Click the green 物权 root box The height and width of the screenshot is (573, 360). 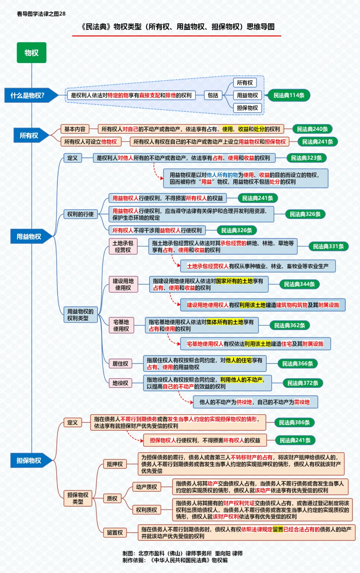31,53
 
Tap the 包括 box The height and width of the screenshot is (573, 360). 213,95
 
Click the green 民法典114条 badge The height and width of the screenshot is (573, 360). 289,95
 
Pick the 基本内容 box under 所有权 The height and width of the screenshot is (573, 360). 75,129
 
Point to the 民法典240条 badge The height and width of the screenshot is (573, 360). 312,129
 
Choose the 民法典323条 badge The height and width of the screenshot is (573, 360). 306,158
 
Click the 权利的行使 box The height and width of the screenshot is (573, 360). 81,214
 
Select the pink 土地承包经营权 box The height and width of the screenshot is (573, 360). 123,246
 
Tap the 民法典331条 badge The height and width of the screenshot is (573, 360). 328,246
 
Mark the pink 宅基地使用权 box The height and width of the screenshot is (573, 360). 121,326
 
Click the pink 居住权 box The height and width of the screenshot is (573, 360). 120,364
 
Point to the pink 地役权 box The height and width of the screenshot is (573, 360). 120,383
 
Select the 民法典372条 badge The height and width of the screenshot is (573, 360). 303,383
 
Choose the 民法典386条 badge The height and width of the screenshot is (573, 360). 294,423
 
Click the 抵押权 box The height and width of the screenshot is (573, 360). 115,464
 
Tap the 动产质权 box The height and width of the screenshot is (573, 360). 147,487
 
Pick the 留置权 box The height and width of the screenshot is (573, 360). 115,533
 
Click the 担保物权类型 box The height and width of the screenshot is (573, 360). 78,498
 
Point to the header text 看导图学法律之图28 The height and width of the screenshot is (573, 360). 41,14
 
